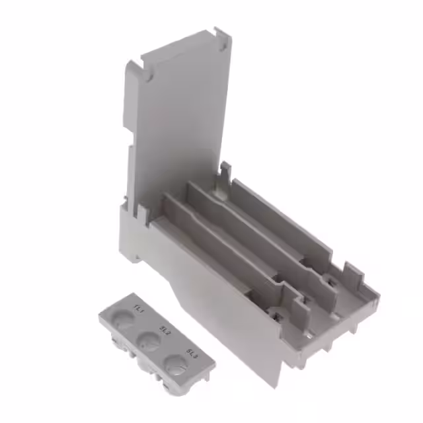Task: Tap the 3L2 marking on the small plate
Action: (x=166, y=330)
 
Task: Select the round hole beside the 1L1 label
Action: (x=122, y=321)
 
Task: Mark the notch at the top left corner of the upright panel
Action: (x=135, y=67)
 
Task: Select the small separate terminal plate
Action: (x=157, y=338)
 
